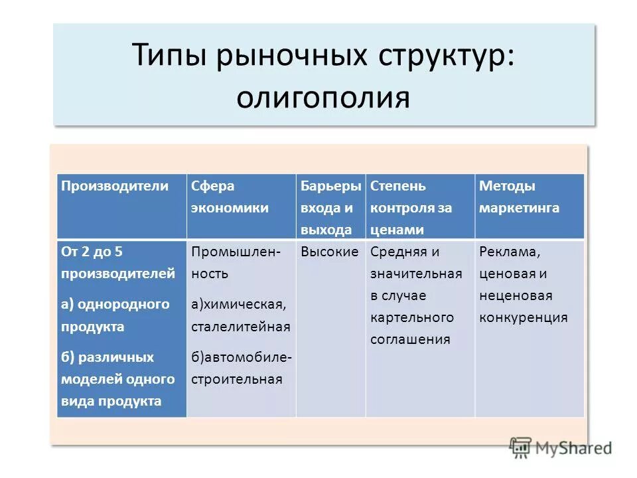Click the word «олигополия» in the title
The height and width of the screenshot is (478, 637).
323,97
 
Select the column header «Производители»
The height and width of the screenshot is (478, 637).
115,186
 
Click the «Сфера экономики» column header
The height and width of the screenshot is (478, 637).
230,197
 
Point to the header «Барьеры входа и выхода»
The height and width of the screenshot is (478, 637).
330,207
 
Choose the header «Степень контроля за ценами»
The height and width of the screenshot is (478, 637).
411,207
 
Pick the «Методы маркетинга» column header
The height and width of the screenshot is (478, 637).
519,197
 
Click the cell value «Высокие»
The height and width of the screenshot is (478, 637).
330,252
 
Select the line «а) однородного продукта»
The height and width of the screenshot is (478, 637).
115,315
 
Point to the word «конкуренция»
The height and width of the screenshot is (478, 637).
523,317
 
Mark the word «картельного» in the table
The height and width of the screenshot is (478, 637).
411,317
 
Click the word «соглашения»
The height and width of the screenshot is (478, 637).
410,339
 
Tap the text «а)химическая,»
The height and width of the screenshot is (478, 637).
239,305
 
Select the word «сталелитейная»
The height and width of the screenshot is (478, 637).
241,327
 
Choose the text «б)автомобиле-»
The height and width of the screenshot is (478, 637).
242,358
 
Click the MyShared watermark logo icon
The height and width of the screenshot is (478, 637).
521,447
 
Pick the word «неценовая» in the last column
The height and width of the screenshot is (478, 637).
516,295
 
